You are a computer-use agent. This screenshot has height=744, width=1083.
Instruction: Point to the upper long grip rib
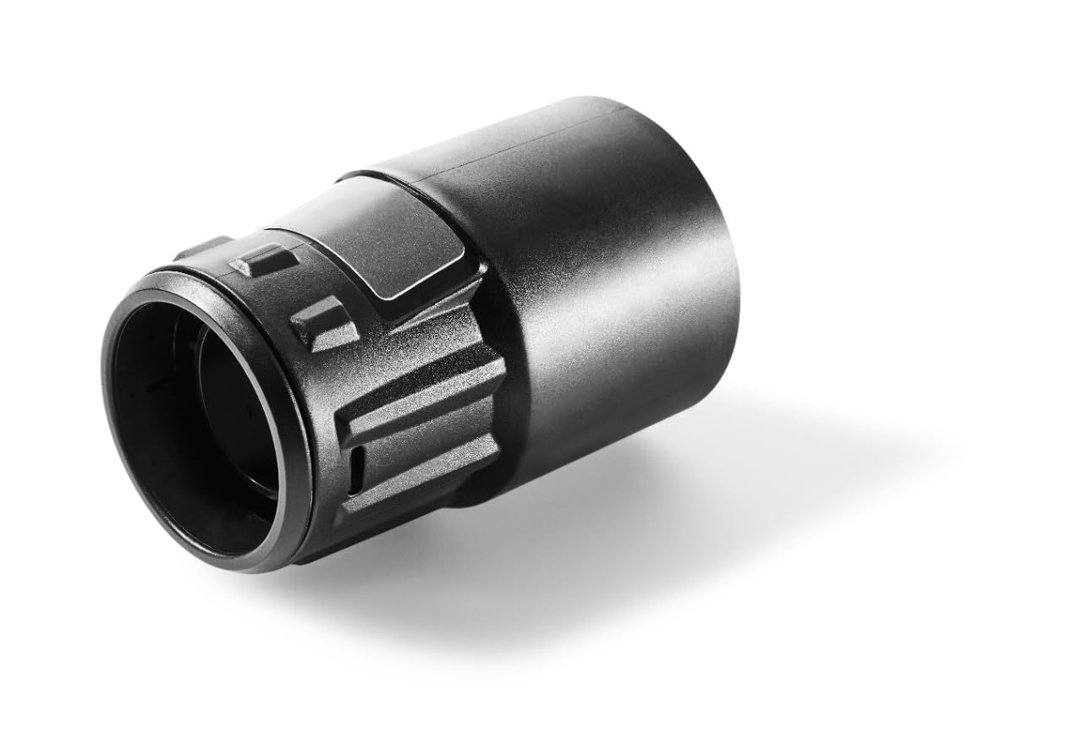click(x=423, y=398)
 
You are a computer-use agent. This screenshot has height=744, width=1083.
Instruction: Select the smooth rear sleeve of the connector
click(x=609, y=279)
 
